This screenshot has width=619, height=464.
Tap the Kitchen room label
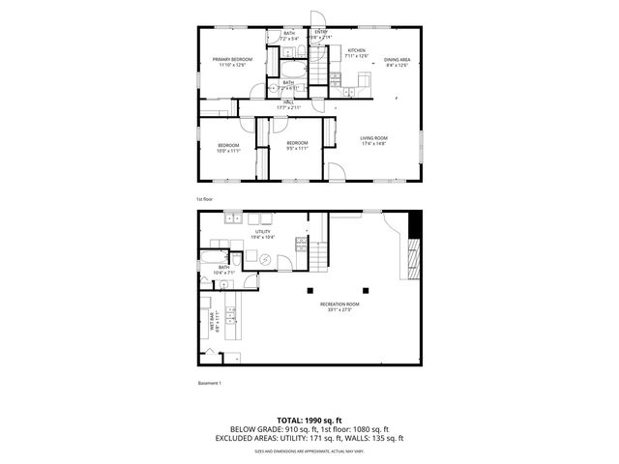point(357,50)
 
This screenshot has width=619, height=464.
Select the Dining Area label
point(397,60)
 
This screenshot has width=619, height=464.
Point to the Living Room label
point(374,137)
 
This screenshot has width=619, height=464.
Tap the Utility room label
point(263,231)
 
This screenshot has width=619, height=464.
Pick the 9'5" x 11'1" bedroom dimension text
point(296,148)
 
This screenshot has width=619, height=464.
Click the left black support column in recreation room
point(309,290)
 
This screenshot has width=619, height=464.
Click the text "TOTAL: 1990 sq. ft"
point(309,420)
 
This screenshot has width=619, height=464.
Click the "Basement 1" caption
point(210,383)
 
